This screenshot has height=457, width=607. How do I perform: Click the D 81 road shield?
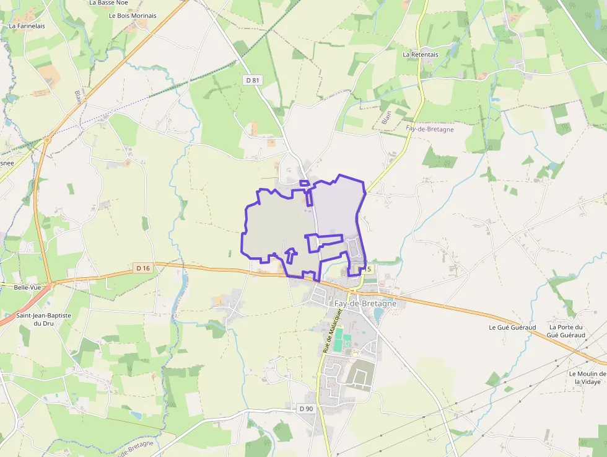click(251, 80)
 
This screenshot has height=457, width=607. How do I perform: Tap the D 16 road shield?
click(142, 268)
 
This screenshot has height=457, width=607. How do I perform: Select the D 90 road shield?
click(306, 409)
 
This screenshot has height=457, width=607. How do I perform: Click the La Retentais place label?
click(421, 55)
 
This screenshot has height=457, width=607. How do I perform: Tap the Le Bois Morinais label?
click(133, 16)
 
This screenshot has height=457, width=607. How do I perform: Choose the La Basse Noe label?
click(108, 2)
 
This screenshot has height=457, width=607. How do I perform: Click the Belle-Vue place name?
click(27, 288)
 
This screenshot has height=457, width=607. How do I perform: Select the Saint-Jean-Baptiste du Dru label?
click(43, 319)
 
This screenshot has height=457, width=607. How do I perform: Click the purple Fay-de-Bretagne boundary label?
click(430, 129)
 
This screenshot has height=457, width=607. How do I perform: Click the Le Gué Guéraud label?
click(512, 327)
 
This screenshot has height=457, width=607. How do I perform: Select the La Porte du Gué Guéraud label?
click(566, 331)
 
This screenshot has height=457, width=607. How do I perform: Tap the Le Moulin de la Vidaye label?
click(587, 378)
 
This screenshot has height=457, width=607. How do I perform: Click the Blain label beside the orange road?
click(79, 96)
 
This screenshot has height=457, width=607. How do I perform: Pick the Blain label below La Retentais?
click(386, 118)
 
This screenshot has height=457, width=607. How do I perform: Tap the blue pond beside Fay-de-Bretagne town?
click(378, 315)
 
